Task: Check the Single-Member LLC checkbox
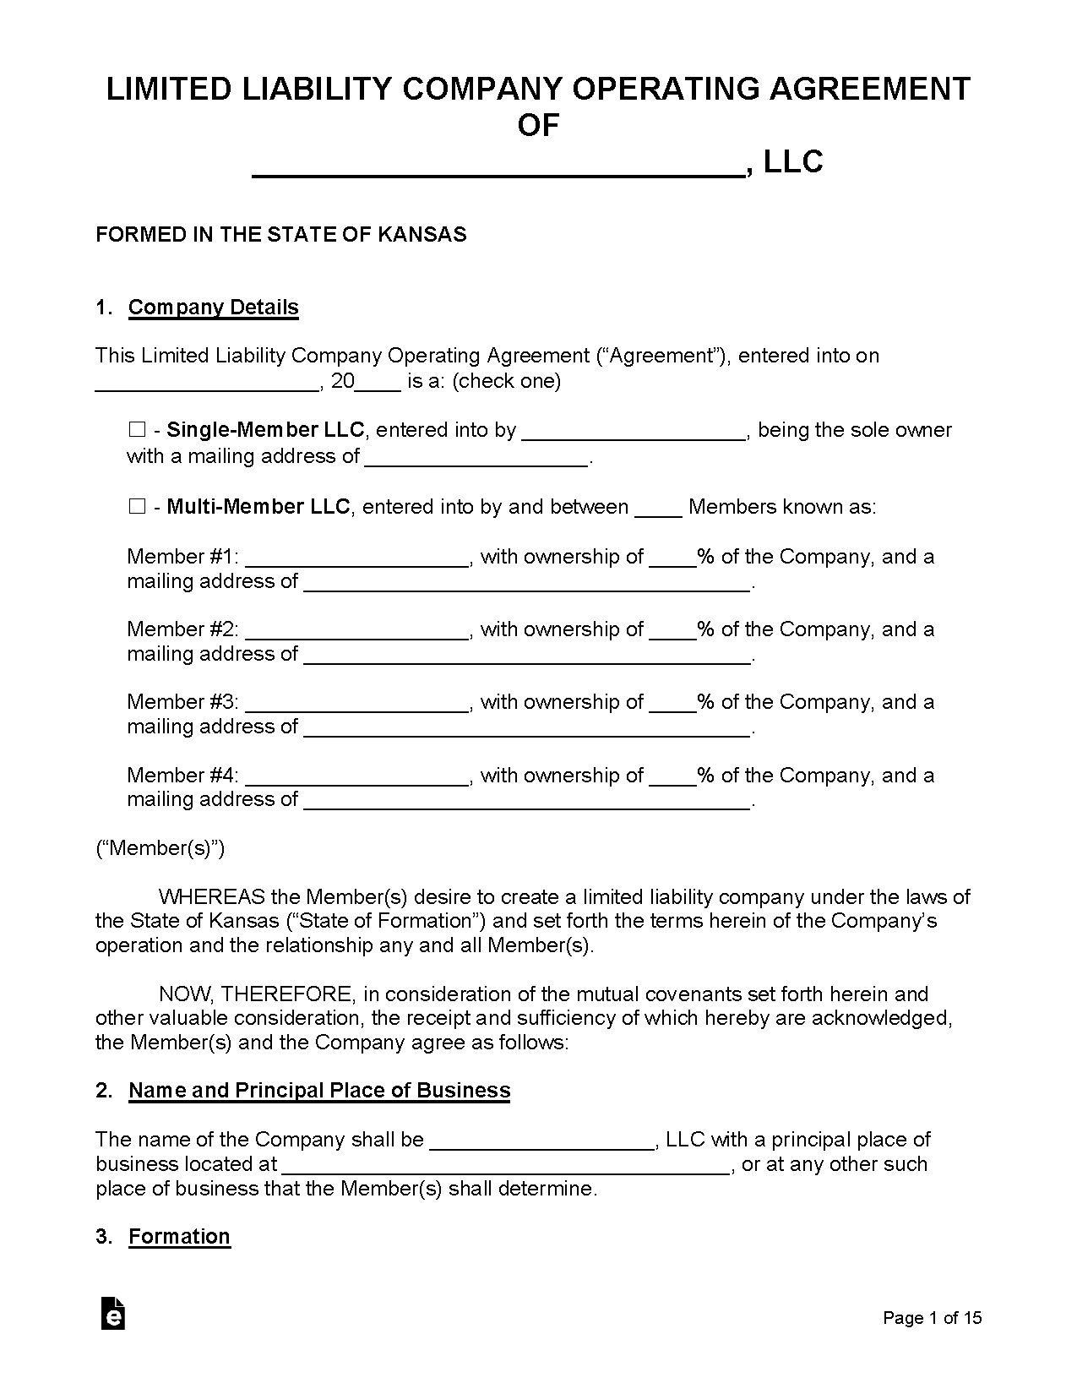pyautogui.click(x=136, y=430)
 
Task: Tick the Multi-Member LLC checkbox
pyautogui.click(x=136, y=507)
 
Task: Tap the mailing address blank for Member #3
pyautogui.click(x=526, y=729)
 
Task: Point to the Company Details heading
pyautogui.click(x=213, y=307)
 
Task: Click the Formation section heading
pyautogui.click(x=179, y=1236)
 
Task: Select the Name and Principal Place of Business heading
pyautogui.click(x=319, y=1090)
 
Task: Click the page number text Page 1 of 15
pyautogui.click(x=932, y=1318)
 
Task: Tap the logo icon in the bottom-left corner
pyautogui.click(x=112, y=1313)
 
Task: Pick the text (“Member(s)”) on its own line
pyautogui.click(x=160, y=848)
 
